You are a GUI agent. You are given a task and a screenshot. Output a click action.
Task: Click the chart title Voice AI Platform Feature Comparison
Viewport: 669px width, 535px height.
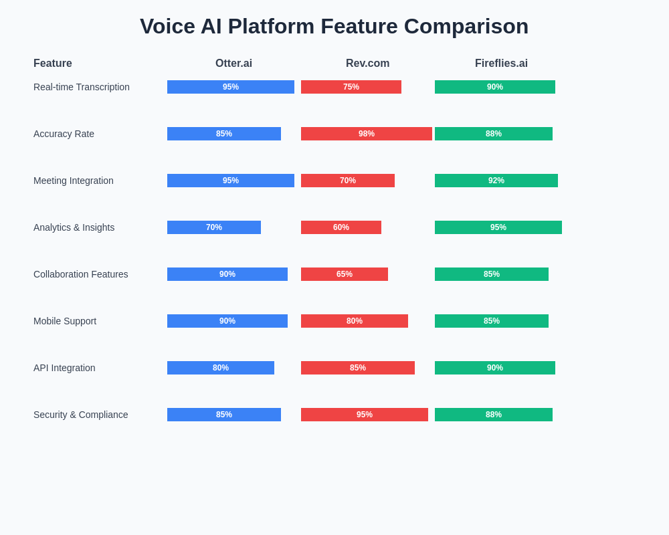[x=334, y=27]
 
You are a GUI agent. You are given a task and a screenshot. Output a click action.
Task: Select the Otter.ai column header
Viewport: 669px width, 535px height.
[x=233, y=63]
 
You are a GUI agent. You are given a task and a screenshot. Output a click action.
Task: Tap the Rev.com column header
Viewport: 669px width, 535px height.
[x=367, y=63]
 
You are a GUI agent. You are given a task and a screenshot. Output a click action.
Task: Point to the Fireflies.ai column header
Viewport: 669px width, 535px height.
[x=501, y=63]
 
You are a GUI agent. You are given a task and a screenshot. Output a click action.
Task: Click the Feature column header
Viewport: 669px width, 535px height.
[x=52, y=63]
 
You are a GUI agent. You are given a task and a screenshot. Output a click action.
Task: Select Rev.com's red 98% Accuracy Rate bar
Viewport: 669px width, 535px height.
[x=367, y=134]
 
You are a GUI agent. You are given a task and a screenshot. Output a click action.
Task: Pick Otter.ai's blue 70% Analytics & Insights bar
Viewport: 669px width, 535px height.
[x=214, y=227]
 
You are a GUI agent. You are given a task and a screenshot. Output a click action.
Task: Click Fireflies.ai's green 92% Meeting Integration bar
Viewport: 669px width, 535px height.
[x=496, y=181]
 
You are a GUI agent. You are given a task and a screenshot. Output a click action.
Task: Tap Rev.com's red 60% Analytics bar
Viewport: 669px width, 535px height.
[x=341, y=227]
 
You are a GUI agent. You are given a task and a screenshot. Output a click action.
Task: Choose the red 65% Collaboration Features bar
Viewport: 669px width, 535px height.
[x=345, y=274]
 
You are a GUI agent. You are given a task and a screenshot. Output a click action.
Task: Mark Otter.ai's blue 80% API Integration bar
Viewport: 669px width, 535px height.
[x=221, y=368]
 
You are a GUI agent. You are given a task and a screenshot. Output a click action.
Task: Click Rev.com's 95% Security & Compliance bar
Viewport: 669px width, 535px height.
[x=365, y=415]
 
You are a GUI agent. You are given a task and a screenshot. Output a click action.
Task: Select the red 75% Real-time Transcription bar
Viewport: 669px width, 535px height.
[x=351, y=87]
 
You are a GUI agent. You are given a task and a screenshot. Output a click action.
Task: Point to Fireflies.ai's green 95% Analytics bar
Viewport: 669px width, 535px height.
[x=498, y=227]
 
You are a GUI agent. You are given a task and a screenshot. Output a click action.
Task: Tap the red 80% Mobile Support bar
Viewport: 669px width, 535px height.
[x=355, y=321]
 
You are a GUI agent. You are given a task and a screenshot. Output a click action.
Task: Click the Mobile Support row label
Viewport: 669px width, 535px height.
[x=65, y=321]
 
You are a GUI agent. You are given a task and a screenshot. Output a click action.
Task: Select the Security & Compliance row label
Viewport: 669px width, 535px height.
[x=81, y=415]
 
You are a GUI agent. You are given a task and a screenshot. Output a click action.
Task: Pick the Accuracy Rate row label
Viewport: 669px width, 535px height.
[x=64, y=134]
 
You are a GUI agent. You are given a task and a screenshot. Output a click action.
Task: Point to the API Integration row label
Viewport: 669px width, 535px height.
[x=64, y=368]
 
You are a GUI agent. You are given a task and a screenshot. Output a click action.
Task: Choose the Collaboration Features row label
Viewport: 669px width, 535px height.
[x=81, y=274]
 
